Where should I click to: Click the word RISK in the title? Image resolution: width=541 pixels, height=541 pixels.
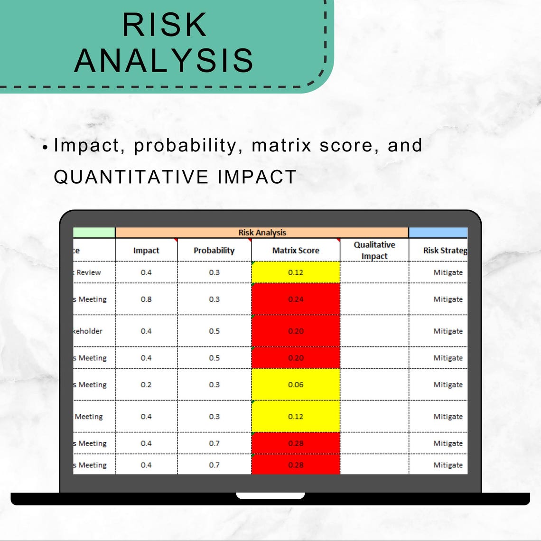(165, 25)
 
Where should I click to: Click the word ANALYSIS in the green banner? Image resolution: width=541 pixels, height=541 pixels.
(164, 60)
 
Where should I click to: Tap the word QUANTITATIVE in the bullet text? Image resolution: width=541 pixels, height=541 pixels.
(131, 177)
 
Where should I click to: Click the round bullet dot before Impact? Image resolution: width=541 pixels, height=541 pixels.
(45, 148)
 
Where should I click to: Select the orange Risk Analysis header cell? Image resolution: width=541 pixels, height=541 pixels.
(262, 233)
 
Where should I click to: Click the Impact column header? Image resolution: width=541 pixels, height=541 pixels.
(146, 251)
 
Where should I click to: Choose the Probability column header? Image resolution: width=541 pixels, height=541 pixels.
(214, 251)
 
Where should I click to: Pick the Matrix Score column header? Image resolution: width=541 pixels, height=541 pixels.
(296, 251)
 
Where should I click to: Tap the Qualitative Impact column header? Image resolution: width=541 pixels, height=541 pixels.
(374, 250)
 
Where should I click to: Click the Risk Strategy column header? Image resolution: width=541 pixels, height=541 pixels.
(444, 251)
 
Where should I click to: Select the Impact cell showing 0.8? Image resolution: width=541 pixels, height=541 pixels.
(146, 299)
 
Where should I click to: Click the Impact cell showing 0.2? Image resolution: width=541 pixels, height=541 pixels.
(146, 385)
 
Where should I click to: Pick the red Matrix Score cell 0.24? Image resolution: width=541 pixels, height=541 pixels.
(296, 299)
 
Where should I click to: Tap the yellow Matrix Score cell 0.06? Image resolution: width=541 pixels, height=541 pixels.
(296, 385)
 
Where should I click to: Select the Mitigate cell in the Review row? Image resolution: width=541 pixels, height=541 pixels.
(448, 272)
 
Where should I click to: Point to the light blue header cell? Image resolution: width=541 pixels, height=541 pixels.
(438, 233)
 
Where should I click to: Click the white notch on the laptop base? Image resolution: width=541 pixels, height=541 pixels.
(270, 495)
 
